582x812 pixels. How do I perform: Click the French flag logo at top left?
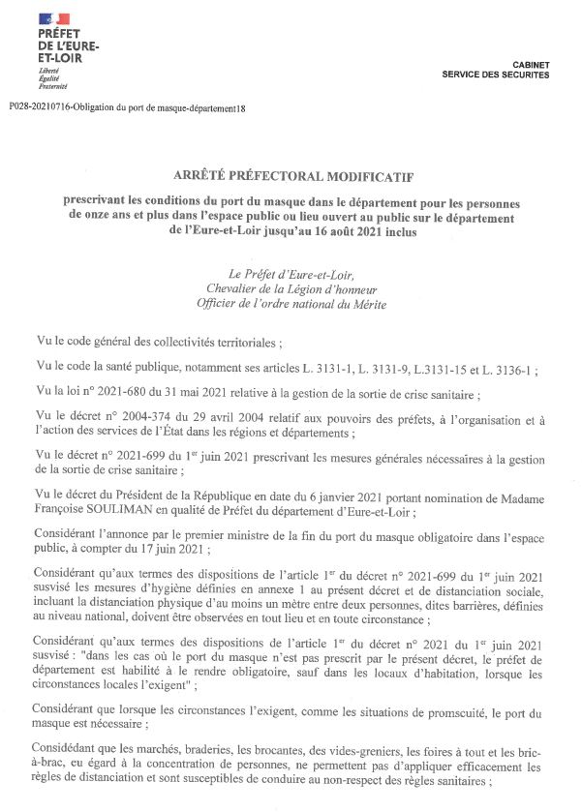tap(53, 18)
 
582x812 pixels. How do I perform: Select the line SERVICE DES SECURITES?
tap(495, 75)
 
